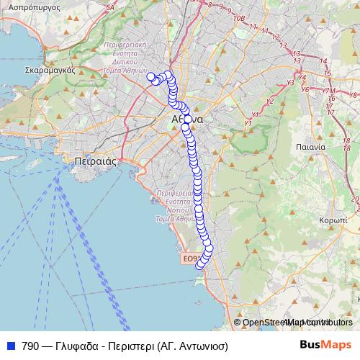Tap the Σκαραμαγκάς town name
[x=50, y=71]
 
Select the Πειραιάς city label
[x=95, y=162]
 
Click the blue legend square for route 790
[x=10, y=346]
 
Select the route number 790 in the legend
[x=30, y=346]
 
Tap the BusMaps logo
[x=325, y=345]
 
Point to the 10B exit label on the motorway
[x=240, y=18]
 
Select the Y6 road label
[x=305, y=89]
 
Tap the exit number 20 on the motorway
[x=354, y=199]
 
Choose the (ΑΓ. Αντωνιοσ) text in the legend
[x=194, y=346]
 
